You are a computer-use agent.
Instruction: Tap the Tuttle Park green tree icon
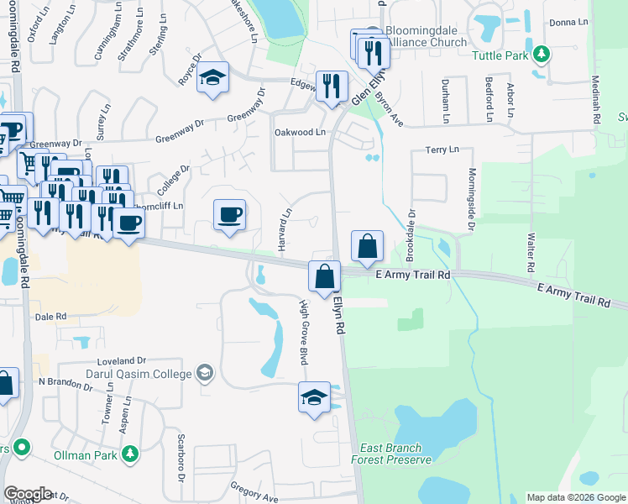click(x=542, y=55)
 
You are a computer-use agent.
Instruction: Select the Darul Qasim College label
click(x=139, y=372)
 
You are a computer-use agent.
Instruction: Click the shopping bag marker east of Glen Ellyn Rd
click(x=367, y=247)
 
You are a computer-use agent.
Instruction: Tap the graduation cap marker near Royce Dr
click(x=213, y=79)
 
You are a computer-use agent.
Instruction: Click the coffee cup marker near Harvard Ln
click(x=229, y=215)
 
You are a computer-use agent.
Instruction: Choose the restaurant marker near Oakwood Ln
click(x=332, y=86)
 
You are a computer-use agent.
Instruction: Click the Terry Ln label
click(x=442, y=150)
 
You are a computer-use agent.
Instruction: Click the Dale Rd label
click(x=51, y=317)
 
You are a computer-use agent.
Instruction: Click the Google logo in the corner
click(x=27, y=494)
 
